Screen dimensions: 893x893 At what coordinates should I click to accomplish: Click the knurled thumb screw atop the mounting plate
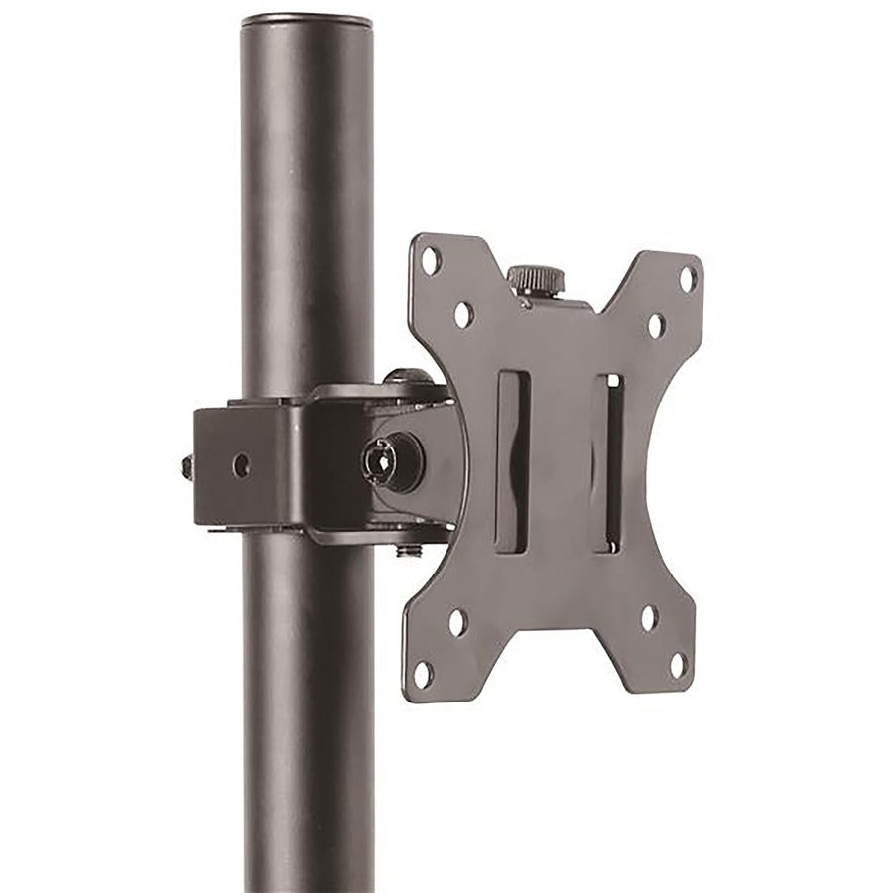(536, 279)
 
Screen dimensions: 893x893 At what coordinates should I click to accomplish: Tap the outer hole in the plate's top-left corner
(430, 261)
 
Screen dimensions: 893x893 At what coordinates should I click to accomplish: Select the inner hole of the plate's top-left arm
(463, 315)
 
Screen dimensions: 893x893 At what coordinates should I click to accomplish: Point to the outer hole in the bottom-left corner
(423, 675)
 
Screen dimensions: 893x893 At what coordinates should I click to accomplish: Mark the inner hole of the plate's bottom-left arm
(457, 622)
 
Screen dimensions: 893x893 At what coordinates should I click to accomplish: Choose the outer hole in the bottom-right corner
(678, 664)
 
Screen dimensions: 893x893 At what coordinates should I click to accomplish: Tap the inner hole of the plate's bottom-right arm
(649, 618)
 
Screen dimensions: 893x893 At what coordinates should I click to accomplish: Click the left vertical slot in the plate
(512, 461)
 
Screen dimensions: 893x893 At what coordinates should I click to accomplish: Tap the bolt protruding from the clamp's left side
(188, 466)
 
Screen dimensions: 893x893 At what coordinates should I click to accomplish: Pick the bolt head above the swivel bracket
(408, 377)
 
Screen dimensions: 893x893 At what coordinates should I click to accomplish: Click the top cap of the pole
(307, 20)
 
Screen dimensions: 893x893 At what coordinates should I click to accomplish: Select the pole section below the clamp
(308, 714)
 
